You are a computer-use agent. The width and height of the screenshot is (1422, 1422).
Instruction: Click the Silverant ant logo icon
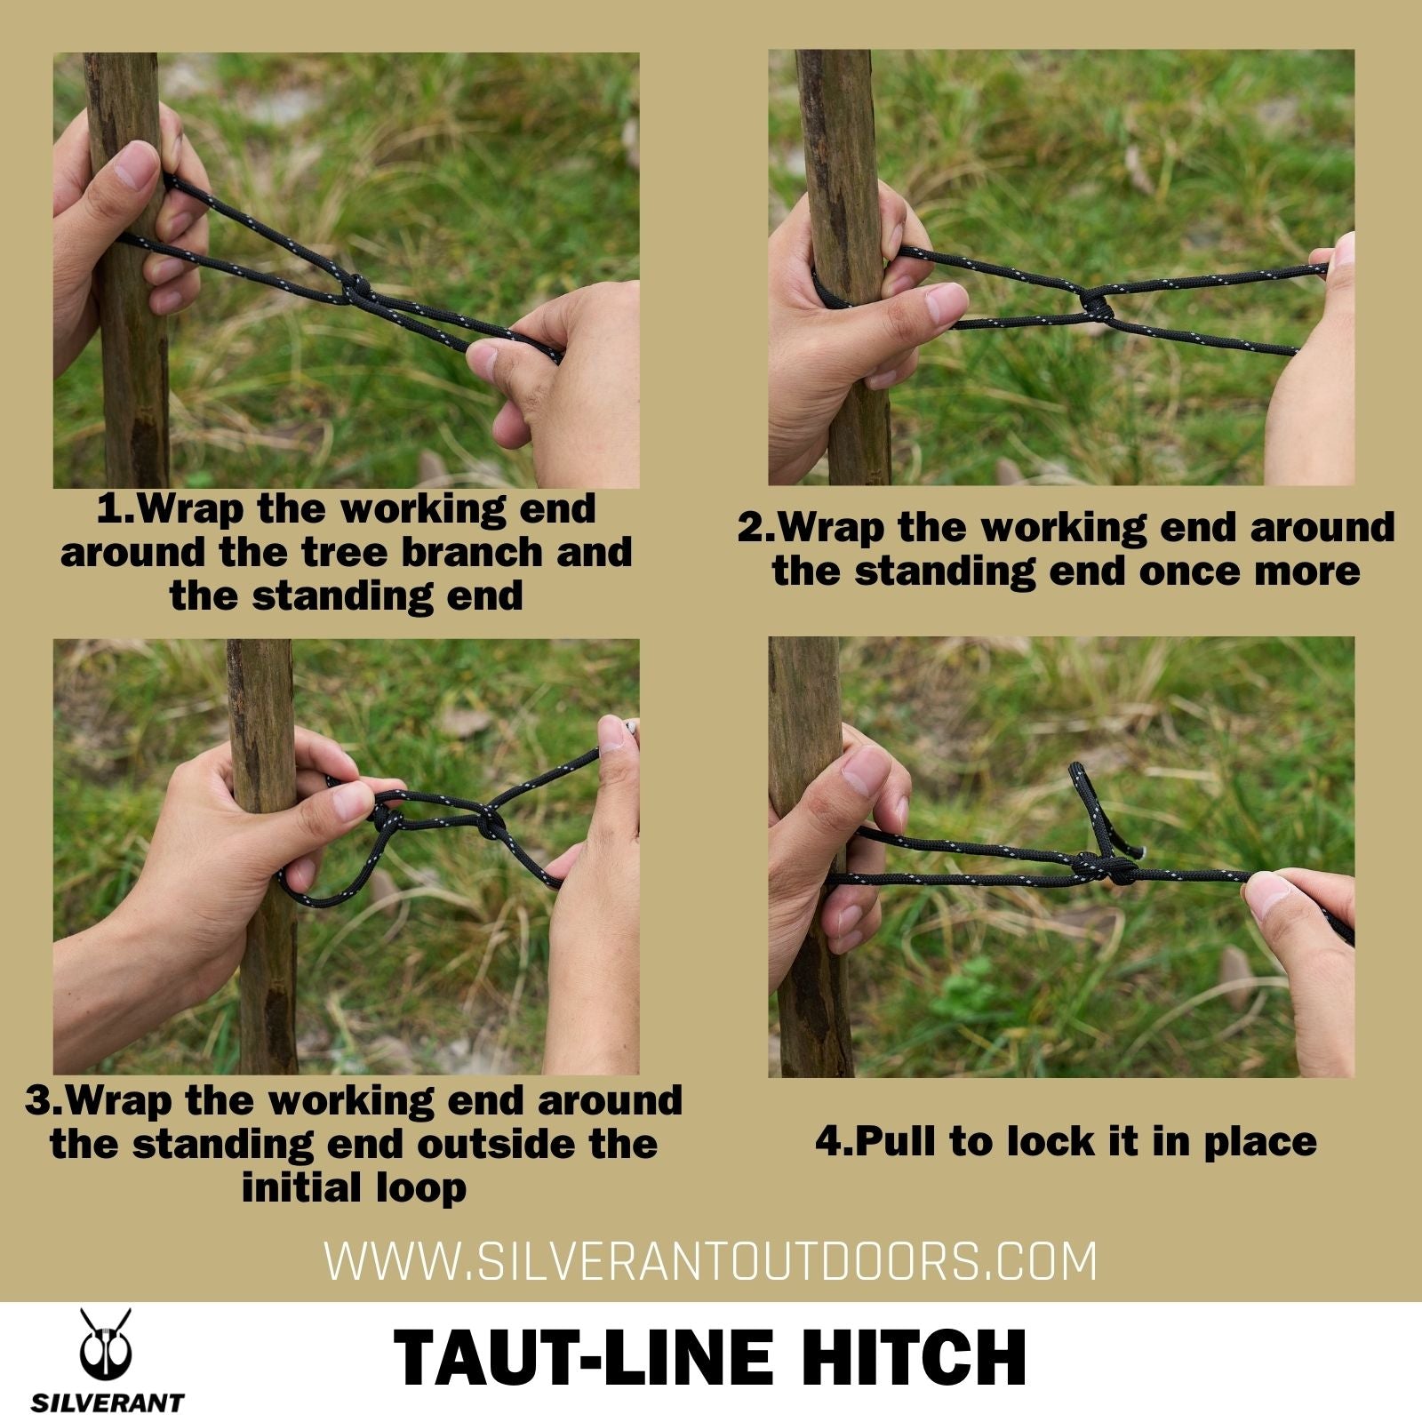106,1347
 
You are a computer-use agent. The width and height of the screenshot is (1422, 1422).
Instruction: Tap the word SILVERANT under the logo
108,1403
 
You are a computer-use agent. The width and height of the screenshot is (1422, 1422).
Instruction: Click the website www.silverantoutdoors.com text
711,1261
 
